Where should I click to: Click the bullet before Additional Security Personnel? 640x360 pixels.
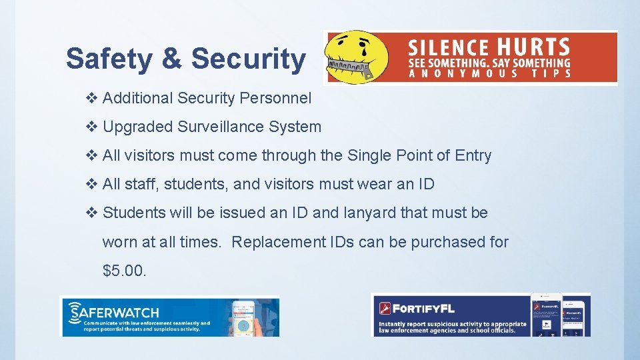click(x=92, y=98)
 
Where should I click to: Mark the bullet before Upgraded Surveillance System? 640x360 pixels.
click(x=92, y=127)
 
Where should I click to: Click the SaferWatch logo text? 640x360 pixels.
click(x=117, y=312)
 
